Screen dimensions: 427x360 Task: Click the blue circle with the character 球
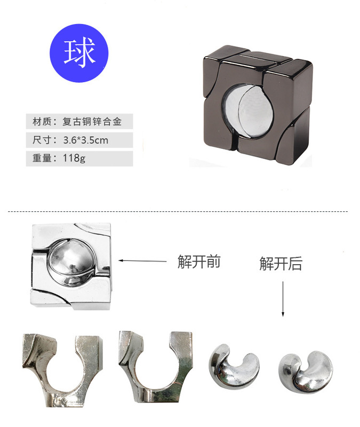click(x=79, y=52)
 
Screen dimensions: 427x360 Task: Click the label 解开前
click(x=199, y=262)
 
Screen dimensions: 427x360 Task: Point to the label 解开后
click(x=281, y=263)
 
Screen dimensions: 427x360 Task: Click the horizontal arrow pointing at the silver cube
click(x=142, y=261)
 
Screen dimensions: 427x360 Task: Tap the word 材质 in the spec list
click(x=41, y=122)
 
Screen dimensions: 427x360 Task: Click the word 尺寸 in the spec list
click(x=41, y=140)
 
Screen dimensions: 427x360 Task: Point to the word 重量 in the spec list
click(x=41, y=159)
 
